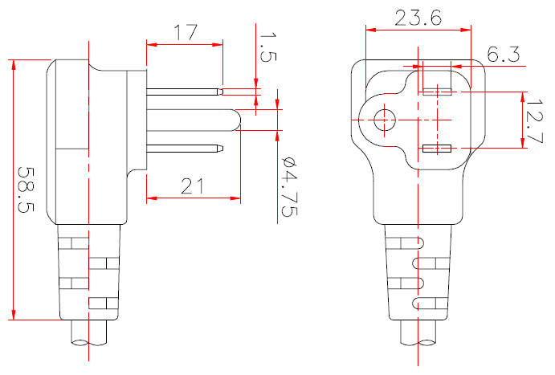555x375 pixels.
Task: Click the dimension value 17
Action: click(185, 33)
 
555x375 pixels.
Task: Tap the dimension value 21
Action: click(192, 186)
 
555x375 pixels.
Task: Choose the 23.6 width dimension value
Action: click(418, 18)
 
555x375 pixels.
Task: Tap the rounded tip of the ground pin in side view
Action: click(235, 119)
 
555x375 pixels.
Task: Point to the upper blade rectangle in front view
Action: click(437, 91)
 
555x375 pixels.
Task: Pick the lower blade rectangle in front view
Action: click(437, 149)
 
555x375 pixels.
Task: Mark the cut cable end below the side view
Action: click(89, 344)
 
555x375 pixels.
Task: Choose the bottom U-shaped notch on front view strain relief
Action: click(415, 304)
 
